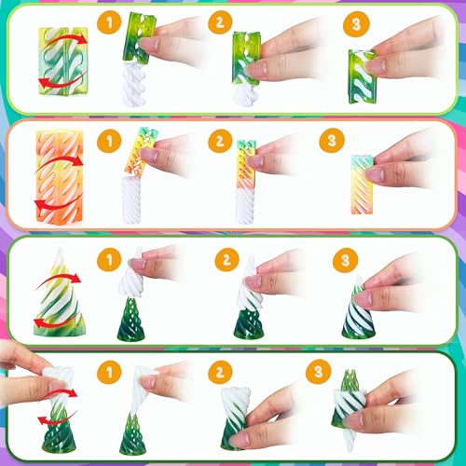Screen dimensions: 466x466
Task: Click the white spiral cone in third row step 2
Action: click(248, 283)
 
